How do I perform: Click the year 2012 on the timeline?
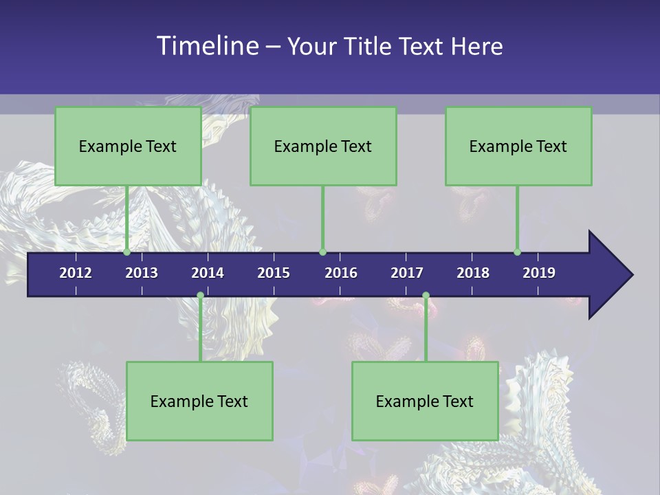click(x=76, y=273)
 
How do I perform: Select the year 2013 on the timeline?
click(x=142, y=273)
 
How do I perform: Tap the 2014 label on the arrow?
click(x=208, y=273)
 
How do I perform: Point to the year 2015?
click(x=274, y=273)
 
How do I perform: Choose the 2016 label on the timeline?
click(x=341, y=273)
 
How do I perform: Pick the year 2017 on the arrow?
click(x=407, y=273)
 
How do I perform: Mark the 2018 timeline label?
click(x=473, y=273)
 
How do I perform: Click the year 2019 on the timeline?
click(x=539, y=273)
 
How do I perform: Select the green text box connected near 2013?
click(x=128, y=146)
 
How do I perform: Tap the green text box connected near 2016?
click(x=323, y=146)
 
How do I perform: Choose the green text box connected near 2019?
click(x=518, y=146)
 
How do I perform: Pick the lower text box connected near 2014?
click(x=199, y=401)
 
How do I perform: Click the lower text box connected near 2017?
click(x=425, y=401)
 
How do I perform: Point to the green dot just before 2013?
click(x=127, y=252)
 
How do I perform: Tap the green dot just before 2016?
click(x=322, y=252)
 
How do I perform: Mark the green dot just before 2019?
click(x=518, y=252)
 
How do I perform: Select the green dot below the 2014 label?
click(x=200, y=296)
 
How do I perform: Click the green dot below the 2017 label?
click(x=426, y=296)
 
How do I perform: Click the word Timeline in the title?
click(x=208, y=45)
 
